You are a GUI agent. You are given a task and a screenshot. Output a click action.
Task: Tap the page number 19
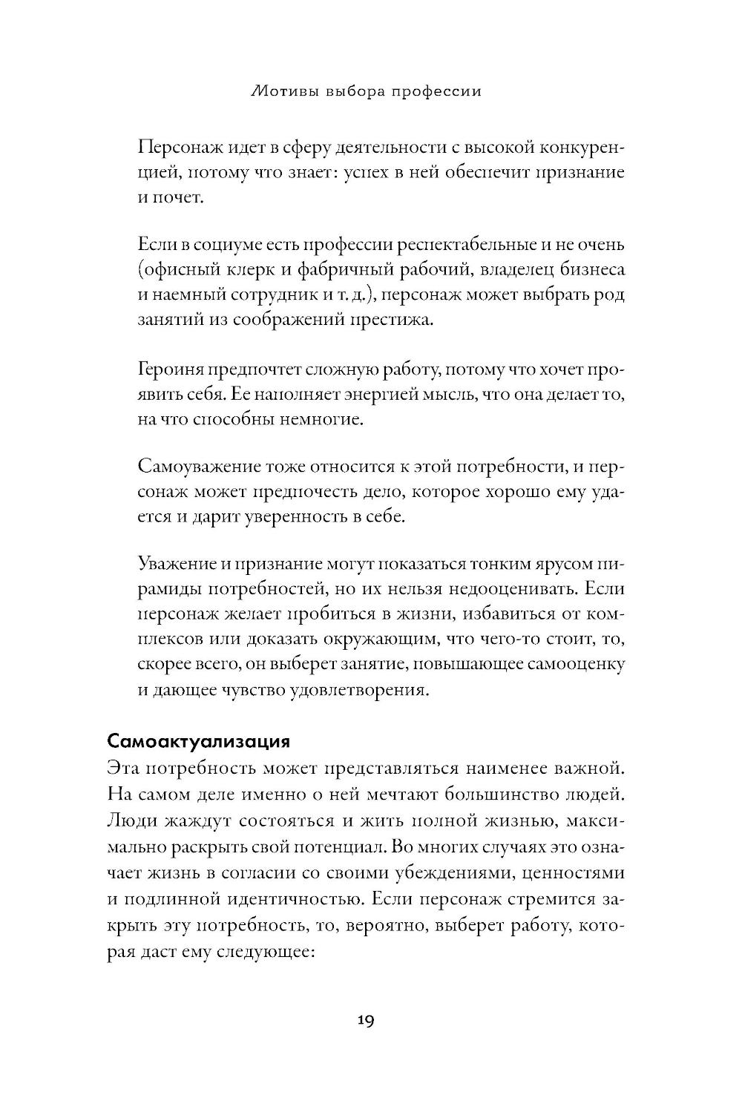click(x=365, y=1021)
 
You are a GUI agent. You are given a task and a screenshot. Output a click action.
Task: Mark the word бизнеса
click(x=588, y=269)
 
